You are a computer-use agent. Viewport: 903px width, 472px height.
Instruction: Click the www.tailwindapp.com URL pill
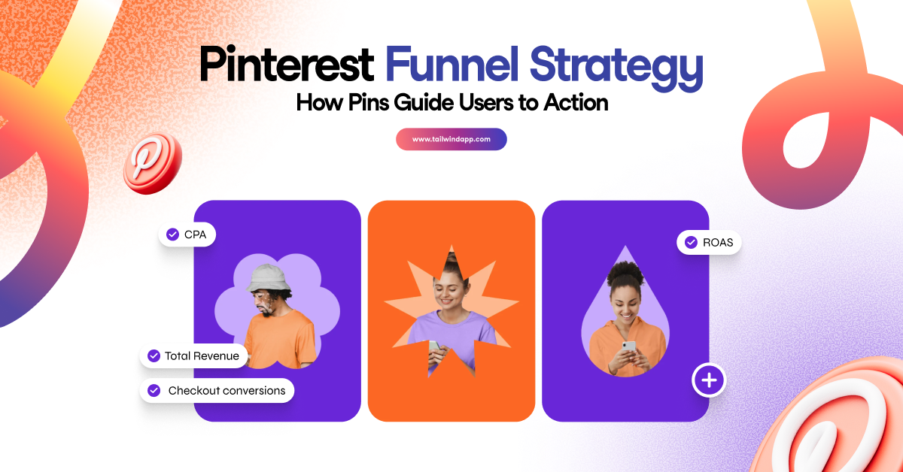[451, 139]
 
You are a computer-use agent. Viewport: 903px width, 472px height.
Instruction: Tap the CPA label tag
[187, 234]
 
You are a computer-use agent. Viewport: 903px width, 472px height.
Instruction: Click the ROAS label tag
[709, 243]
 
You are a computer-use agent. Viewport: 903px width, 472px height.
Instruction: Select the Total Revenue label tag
[193, 356]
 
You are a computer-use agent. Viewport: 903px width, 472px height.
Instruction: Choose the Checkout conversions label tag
[217, 391]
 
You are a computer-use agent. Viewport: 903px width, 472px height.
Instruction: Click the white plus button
[708, 381]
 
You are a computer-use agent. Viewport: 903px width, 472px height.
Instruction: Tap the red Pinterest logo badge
[153, 164]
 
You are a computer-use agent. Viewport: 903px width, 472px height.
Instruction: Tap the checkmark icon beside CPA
[172, 234]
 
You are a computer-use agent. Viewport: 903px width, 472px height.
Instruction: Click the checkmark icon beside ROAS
[691, 243]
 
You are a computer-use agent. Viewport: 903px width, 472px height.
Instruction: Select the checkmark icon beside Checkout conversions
[154, 391]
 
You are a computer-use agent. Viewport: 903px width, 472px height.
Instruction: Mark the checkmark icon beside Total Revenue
[154, 356]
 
